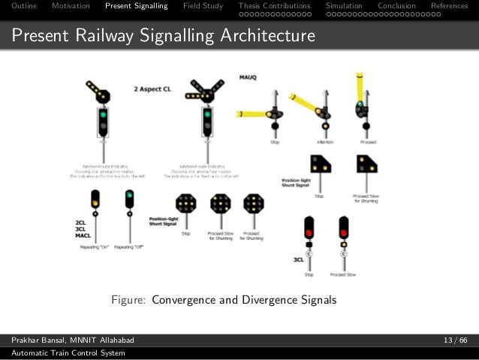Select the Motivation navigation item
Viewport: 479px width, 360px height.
point(71,6)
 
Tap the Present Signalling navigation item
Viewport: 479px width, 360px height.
point(137,6)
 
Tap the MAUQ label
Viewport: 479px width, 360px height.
point(249,77)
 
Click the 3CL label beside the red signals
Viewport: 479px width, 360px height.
point(299,260)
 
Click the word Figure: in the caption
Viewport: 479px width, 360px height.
point(129,301)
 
